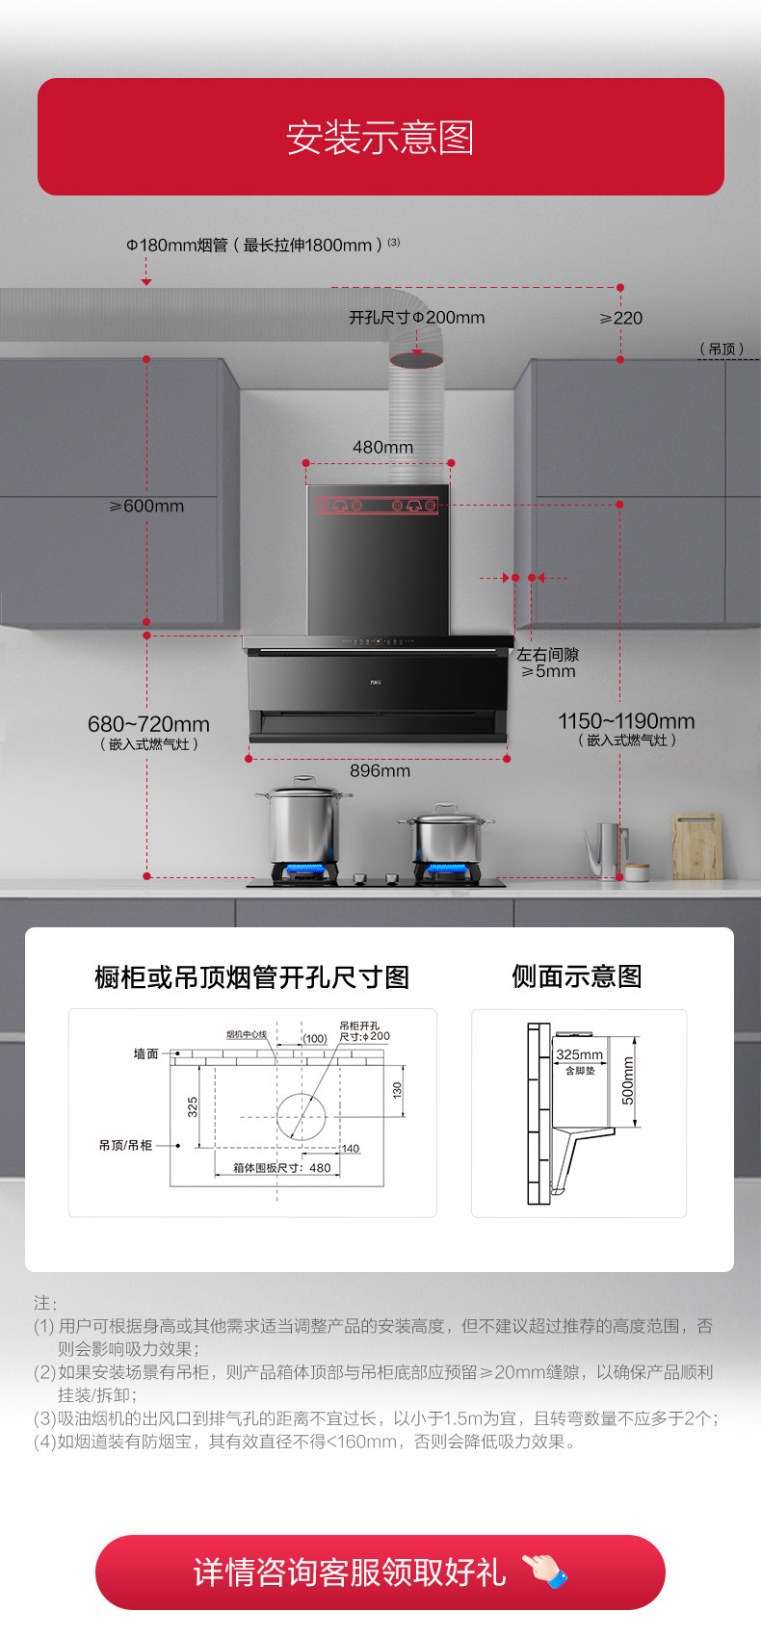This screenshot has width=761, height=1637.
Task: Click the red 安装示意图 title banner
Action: (x=380, y=137)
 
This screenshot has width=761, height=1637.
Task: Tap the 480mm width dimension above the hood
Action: (x=382, y=447)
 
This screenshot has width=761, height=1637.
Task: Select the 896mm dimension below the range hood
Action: (x=380, y=770)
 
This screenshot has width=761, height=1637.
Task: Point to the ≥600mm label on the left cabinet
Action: (x=146, y=506)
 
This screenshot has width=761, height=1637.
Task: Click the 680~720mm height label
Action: (x=148, y=724)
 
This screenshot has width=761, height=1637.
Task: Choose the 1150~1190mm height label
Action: (x=626, y=721)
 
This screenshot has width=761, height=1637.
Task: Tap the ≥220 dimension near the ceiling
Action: (x=621, y=318)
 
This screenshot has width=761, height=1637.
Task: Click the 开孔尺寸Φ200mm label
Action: (x=416, y=317)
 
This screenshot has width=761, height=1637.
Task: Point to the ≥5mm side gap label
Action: (x=548, y=671)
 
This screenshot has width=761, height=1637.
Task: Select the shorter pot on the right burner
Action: (x=446, y=836)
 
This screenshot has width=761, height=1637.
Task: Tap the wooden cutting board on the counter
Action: (x=697, y=845)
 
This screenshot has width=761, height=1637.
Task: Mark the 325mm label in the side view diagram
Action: (x=579, y=1054)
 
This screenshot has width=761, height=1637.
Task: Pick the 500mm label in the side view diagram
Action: (x=628, y=1080)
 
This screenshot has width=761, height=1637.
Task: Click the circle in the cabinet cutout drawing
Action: (x=302, y=1117)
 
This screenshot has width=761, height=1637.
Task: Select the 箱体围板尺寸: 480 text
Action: (x=281, y=1167)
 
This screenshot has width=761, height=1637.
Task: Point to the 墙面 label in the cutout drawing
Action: (x=146, y=1053)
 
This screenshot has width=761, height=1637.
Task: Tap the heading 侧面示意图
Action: (x=577, y=976)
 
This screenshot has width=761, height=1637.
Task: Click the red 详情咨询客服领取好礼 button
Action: (x=380, y=1572)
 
